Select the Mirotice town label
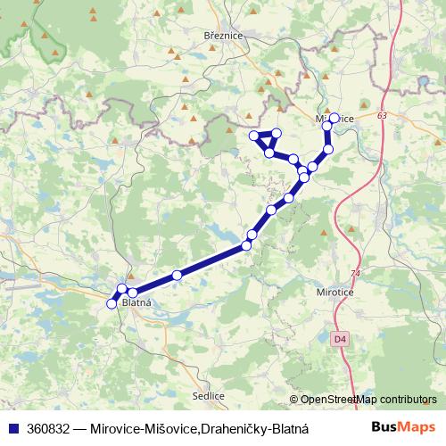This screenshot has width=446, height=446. (335, 291)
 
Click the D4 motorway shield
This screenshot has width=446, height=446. (339, 339)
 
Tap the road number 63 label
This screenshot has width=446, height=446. (382, 116)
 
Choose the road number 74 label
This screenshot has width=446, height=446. (356, 273)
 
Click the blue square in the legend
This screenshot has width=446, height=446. (11, 427)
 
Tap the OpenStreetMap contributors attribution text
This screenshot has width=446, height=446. (368, 400)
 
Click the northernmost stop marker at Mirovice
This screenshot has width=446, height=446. (334, 118)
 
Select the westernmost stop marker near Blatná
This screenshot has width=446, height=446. (111, 304)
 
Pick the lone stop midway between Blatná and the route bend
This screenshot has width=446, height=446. (177, 275)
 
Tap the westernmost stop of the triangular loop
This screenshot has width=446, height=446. (255, 136)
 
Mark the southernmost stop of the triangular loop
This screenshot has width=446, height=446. (269, 153)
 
